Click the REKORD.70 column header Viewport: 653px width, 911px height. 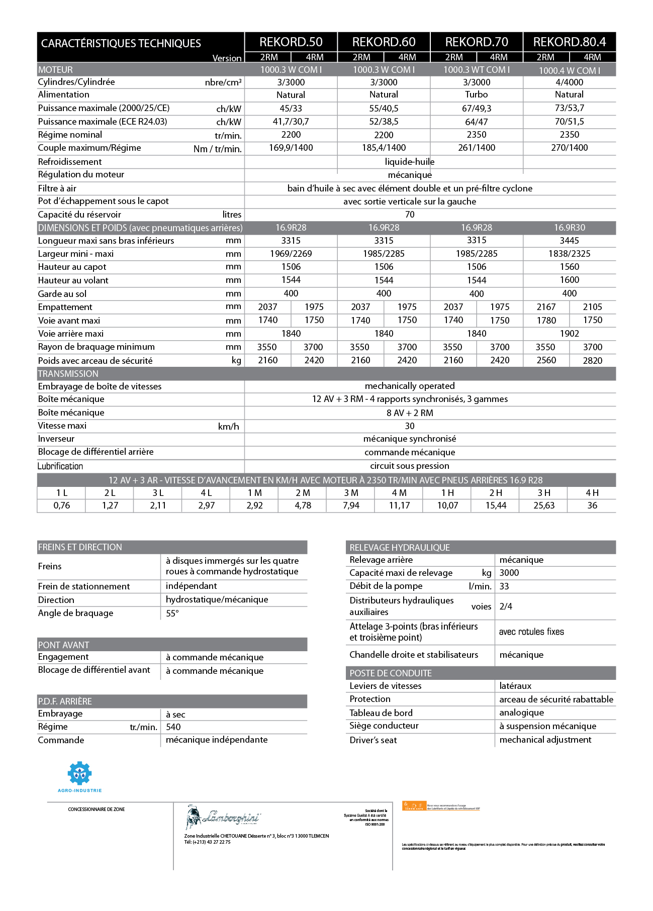pos(477,42)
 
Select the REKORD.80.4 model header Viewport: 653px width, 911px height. pos(570,42)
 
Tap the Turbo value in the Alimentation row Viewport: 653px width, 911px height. pos(477,94)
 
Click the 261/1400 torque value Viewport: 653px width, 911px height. pos(477,148)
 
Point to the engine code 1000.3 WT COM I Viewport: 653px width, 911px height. pos(477,70)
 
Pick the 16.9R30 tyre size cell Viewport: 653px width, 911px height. pos(570,228)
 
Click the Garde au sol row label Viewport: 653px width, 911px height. pos(62,294)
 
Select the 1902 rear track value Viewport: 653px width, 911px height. pos(570,334)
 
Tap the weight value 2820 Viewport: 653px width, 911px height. pos(593,360)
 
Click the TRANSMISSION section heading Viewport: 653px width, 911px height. pos(68,374)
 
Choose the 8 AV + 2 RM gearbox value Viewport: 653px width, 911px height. pos(410,413)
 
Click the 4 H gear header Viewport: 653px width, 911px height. pos(592,493)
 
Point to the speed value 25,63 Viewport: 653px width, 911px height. pos(544,505)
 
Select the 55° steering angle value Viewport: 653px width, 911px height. pos(172,614)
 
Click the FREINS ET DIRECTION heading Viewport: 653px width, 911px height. pos(80,547)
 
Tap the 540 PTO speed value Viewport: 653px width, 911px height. pos(173,727)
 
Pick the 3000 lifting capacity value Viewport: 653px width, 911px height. pos(509,573)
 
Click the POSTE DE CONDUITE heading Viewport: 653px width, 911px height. pos(391,673)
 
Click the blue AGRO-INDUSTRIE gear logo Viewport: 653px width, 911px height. pos(79,774)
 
